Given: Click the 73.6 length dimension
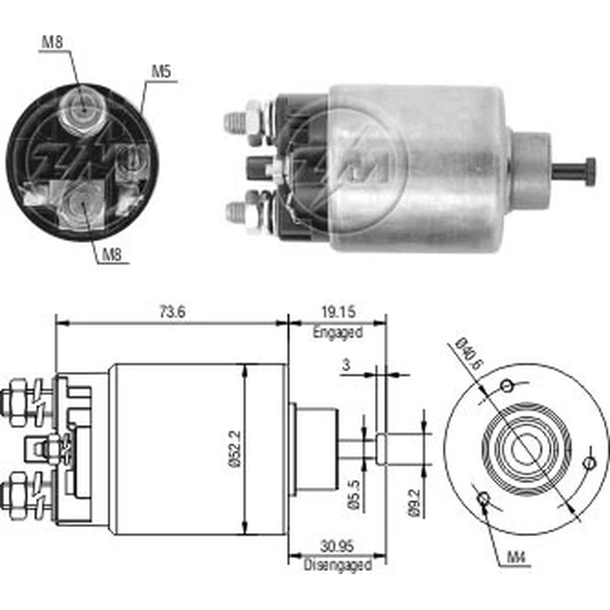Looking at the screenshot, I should tap(172, 312).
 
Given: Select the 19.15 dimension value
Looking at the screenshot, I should tap(337, 312).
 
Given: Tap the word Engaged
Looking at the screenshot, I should tap(337, 332).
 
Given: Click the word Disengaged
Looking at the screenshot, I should tap(338, 565).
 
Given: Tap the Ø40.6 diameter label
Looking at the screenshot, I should tap(470, 357).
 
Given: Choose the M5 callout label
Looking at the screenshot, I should tap(160, 72).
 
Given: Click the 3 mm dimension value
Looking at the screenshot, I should tap(346, 365).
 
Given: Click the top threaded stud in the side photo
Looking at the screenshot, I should tap(235, 122).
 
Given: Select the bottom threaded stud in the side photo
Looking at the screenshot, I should tap(235, 213).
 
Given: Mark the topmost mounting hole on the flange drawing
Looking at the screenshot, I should tap(506, 386).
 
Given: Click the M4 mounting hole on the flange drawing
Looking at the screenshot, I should tap(484, 498).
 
